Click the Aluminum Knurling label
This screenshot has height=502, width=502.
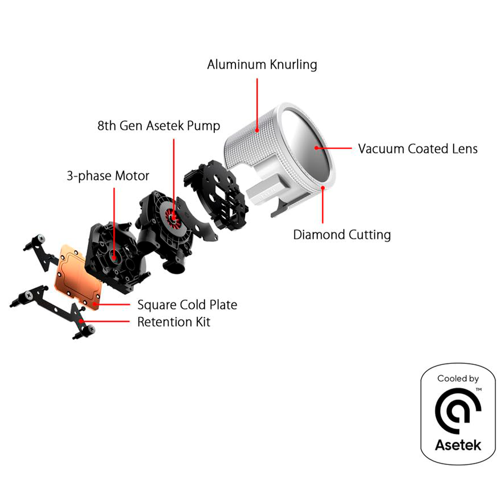(x=262, y=65)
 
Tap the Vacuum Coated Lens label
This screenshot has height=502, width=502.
(x=418, y=149)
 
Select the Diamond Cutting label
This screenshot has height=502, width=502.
(x=342, y=234)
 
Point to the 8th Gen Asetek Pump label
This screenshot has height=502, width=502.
(x=159, y=125)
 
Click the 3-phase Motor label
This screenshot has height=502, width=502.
(x=108, y=176)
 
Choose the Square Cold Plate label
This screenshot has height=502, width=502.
(x=187, y=305)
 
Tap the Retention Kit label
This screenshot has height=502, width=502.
(x=174, y=322)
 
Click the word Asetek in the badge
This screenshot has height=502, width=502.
(x=457, y=444)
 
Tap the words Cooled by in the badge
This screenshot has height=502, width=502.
(x=457, y=379)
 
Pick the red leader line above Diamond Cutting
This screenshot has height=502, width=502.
(x=323, y=206)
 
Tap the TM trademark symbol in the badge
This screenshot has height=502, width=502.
(x=479, y=389)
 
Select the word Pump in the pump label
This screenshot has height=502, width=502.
(x=203, y=125)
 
